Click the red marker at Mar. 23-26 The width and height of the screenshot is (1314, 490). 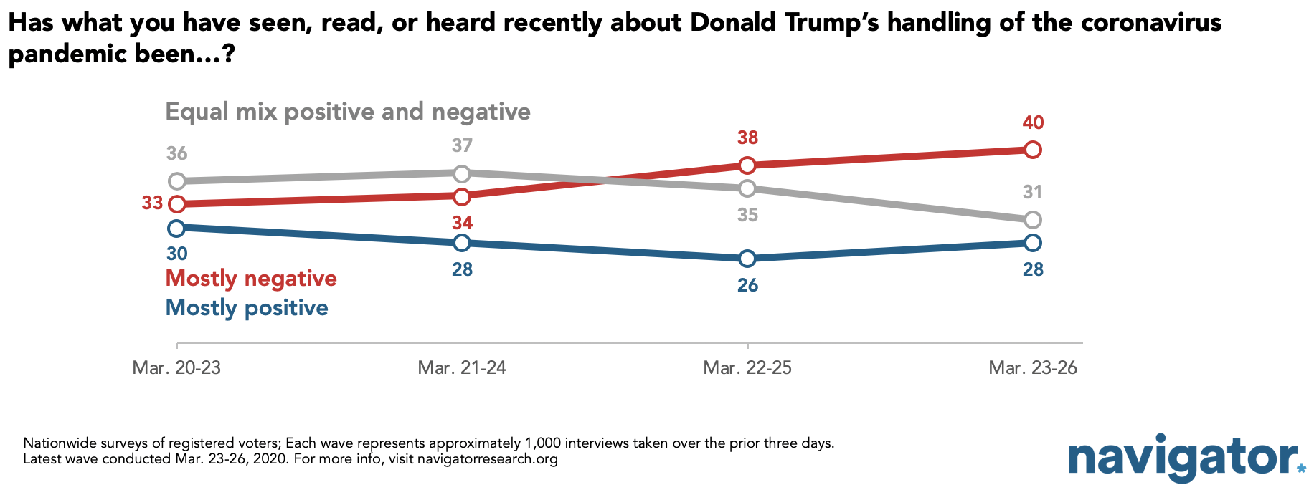1033,150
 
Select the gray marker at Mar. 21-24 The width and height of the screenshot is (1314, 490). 462,173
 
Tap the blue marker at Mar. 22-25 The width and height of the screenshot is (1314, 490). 747,259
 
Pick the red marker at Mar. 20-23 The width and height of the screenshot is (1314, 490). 176,204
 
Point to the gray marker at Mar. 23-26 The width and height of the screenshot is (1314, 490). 1033,220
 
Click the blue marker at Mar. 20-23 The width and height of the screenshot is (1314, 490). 176,228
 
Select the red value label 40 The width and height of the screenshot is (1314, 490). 1033,123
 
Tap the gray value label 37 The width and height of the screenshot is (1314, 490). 462,145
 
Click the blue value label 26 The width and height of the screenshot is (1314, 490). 747,285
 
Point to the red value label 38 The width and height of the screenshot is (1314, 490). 747,138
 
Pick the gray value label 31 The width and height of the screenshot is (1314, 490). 1032,192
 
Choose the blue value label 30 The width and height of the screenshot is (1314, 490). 176,254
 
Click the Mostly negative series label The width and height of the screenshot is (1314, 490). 251,279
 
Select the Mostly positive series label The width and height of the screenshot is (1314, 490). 247,308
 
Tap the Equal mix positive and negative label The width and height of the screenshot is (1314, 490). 348,112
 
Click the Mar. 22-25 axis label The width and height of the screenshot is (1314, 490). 747,367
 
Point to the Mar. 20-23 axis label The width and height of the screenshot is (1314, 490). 176,367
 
